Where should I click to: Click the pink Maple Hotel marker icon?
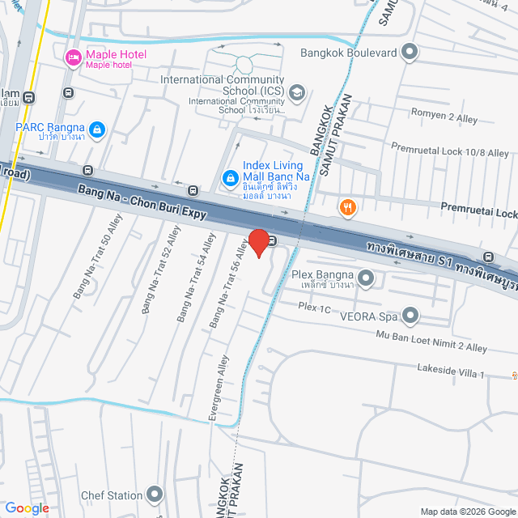pos(73,57)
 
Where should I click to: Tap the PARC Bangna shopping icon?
pos(97,129)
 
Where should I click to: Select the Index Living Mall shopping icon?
pos(230,176)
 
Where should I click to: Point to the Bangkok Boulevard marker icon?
pos(410,53)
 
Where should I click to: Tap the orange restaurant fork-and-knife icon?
pos(348,207)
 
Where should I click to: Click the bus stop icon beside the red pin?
pos(274,240)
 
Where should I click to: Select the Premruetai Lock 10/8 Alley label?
pos(449,151)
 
